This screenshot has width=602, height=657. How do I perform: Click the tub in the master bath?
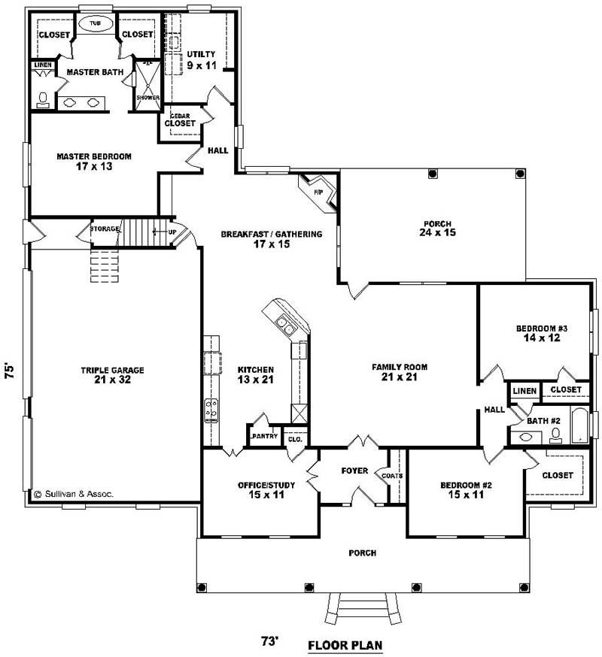point(96,24)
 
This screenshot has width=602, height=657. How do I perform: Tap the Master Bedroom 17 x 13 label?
point(94,161)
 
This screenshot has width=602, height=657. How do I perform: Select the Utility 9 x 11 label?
point(202,59)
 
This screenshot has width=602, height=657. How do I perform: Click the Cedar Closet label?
point(180,120)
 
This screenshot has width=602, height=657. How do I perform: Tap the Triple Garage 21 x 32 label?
point(113,374)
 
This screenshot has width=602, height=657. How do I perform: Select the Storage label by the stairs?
point(105,228)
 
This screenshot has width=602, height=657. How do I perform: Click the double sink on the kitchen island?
point(285,325)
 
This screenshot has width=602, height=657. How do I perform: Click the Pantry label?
point(265,436)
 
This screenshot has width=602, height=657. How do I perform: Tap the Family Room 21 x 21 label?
point(400,371)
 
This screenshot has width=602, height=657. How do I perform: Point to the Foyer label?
point(354,471)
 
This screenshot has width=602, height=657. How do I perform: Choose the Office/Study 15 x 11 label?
point(266,489)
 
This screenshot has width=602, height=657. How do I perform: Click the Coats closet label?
point(392,474)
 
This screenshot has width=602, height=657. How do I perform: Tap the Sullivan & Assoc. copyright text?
point(73,494)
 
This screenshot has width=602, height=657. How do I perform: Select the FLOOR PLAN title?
point(345,645)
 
